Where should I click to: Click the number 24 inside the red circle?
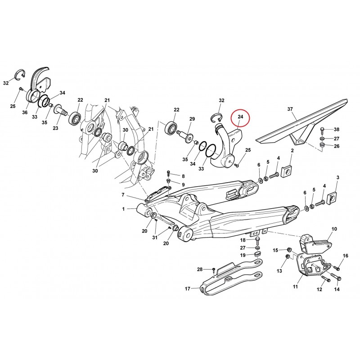click(x=240, y=117)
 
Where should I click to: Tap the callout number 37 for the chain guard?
click(x=290, y=109)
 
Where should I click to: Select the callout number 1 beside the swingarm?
click(x=123, y=209)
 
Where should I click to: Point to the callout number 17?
click(x=188, y=288)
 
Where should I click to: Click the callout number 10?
click(x=334, y=229)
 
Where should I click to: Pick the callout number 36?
click(x=25, y=112)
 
